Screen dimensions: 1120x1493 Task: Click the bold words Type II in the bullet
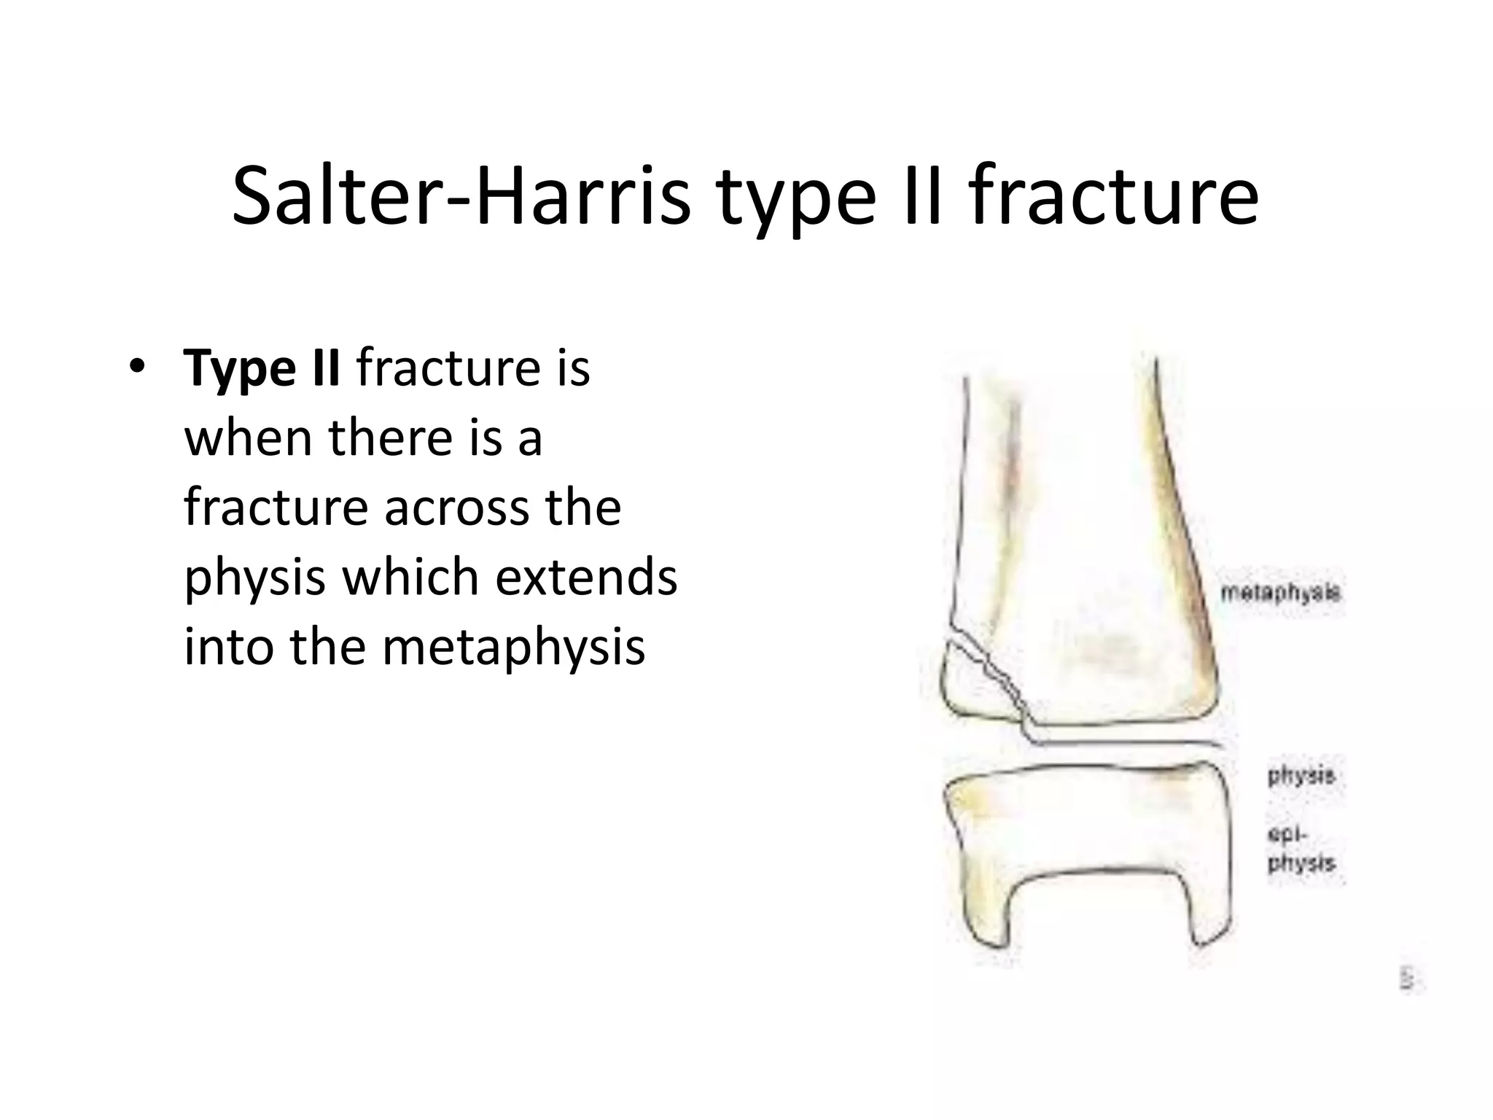[x=262, y=369]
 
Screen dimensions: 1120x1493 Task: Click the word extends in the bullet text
[x=586, y=576]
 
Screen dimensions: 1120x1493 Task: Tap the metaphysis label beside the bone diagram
[x=1280, y=593]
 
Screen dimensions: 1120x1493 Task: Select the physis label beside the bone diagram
[x=1301, y=775]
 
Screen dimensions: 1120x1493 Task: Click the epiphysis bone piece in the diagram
[x=1079, y=824]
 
